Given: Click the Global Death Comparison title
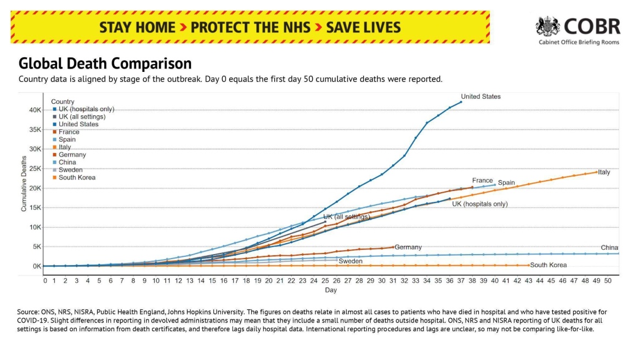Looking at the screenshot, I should coord(105,63).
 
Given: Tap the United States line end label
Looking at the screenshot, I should coord(480,97).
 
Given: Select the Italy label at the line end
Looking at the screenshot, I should coord(604,172).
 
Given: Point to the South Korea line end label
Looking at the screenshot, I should coord(548,265).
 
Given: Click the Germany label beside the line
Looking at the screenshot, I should coord(408,248).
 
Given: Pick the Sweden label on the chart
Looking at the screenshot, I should coord(350,261).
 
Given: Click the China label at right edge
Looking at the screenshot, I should coord(609,248).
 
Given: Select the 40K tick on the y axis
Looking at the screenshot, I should coord(35,110).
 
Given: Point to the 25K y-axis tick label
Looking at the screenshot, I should coord(35,168).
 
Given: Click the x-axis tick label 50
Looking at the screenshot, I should coord(608,280).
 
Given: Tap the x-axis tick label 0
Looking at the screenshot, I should coord(45,280).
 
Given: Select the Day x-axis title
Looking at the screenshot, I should coord(331,290).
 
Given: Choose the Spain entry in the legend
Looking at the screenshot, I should coord(67,139).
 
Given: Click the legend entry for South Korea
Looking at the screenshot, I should coord(77,177).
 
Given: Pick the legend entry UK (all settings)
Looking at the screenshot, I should coord(82,116).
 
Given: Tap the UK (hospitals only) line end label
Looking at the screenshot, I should coord(480,204).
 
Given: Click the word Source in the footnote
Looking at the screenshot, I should coord(29,312).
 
